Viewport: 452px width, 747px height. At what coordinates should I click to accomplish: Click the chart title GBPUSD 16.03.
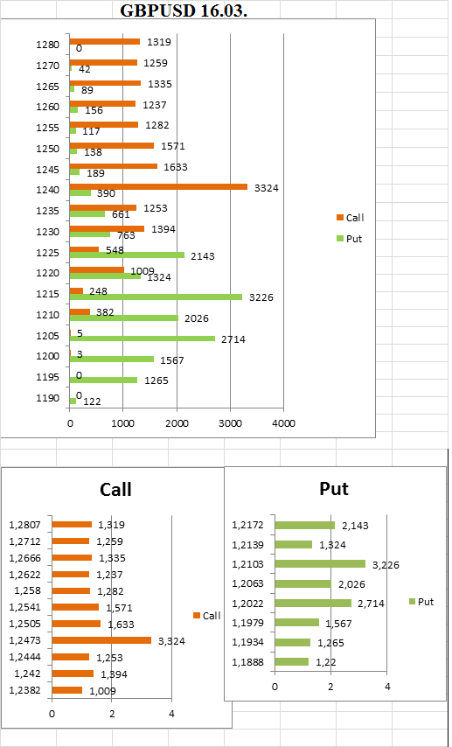point(184,10)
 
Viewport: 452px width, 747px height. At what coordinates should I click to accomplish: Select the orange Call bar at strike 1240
point(158,187)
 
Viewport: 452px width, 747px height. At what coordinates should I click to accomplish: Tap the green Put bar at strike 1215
point(156,297)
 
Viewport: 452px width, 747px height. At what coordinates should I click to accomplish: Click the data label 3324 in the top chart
point(267,188)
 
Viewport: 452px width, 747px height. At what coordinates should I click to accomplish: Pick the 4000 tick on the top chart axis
point(283,423)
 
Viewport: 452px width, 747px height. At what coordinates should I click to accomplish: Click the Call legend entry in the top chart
point(350,218)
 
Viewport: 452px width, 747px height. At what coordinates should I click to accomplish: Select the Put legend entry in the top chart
point(349,239)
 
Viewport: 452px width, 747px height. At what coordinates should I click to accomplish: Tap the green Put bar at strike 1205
point(143,339)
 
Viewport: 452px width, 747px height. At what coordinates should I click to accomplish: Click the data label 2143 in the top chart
point(203,256)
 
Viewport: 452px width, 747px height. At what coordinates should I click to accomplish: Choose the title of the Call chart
point(115,489)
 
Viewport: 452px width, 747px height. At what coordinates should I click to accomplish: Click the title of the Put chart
point(333,488)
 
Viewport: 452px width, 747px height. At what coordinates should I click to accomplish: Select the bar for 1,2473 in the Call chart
point(101,640)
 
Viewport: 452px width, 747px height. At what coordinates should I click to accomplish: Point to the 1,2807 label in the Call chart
point(24,525)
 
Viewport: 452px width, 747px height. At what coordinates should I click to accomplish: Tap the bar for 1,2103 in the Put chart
point(320,564)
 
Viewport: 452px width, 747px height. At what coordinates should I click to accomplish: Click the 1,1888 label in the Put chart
point(247,662)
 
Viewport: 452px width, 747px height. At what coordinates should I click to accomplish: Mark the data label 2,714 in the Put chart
point(371,604)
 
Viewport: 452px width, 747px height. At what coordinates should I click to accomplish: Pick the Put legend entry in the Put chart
point(421,602)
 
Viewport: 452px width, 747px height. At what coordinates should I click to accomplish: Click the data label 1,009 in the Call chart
point(103,691)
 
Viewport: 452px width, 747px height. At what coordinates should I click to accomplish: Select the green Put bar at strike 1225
point(127,255)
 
